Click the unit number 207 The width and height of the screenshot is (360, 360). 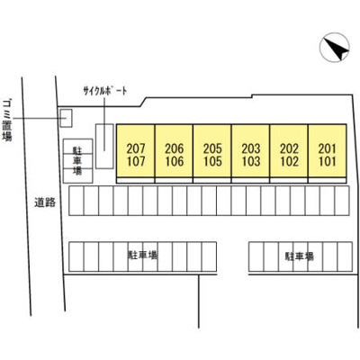(136, 148)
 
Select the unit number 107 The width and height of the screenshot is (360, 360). (136, 162)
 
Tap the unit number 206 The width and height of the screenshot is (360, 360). (175, 148)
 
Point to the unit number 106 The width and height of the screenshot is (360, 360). (175, 162)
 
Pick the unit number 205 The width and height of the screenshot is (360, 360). (212, 148)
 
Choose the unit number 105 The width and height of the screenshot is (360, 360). (212, 162)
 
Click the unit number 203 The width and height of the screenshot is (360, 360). (251, 148)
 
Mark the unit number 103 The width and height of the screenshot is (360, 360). (251, 162)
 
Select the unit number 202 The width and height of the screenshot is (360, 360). (290, 148)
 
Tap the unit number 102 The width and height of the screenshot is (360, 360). (290, 162)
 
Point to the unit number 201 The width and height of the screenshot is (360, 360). (328, 148)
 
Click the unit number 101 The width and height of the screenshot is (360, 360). (328, 162)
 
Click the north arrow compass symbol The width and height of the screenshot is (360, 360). (334, 48)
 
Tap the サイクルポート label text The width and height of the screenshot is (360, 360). (105, 91)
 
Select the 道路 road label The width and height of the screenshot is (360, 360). (45, 202)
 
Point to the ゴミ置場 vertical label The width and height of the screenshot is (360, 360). (7, 120)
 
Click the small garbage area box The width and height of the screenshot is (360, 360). (66, 118)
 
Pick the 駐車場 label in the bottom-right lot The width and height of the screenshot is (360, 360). (299, 256)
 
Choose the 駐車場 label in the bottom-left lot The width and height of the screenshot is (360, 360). (143, 256)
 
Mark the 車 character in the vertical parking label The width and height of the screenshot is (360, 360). (77, 160)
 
